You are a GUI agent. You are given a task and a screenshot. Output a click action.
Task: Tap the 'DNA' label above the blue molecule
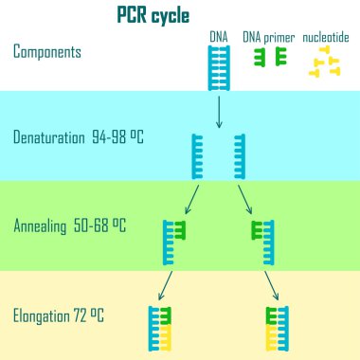coord(219,37)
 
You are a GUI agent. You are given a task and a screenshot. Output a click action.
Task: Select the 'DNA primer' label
coord(268,37)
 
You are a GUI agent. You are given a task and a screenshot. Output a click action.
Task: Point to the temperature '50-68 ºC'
coord(102,226)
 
